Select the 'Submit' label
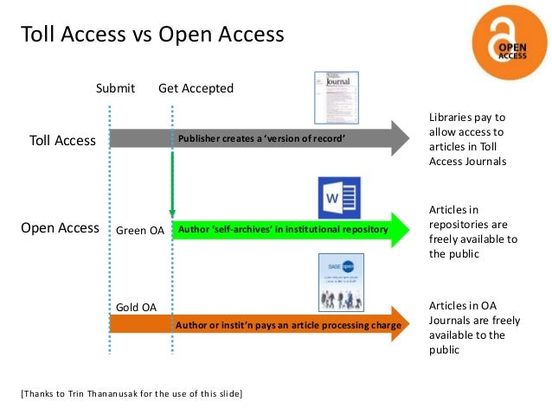115,88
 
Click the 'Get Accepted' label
196,88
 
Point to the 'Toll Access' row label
62,140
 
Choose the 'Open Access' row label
60,228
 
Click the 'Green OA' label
139,231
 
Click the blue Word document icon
339,198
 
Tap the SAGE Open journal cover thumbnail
341,282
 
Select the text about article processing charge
288,325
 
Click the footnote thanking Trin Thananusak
132,394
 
